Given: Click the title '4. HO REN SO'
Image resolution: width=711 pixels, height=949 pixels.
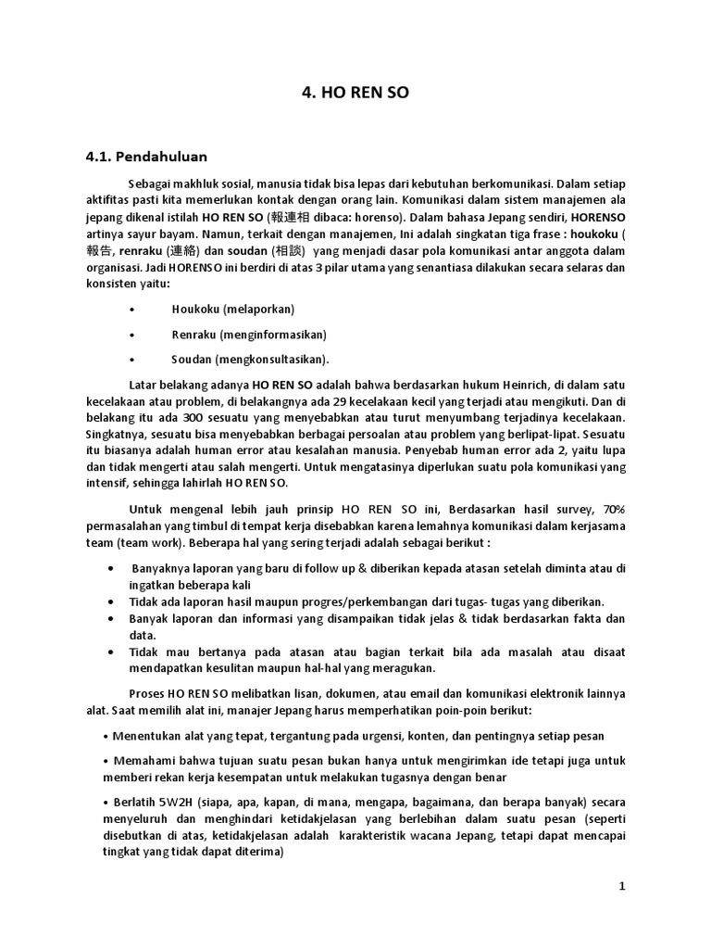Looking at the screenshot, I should (355, 94).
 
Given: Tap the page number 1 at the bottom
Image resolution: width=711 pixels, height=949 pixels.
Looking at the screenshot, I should (623, 886).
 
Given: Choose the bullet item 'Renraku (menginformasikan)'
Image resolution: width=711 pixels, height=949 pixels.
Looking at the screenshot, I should (249, 334).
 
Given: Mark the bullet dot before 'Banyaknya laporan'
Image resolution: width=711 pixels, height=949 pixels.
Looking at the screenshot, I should (112, 567).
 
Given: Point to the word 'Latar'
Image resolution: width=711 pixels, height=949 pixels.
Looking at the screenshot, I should (143, 384).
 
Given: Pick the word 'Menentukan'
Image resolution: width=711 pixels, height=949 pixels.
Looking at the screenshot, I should (145, 736).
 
